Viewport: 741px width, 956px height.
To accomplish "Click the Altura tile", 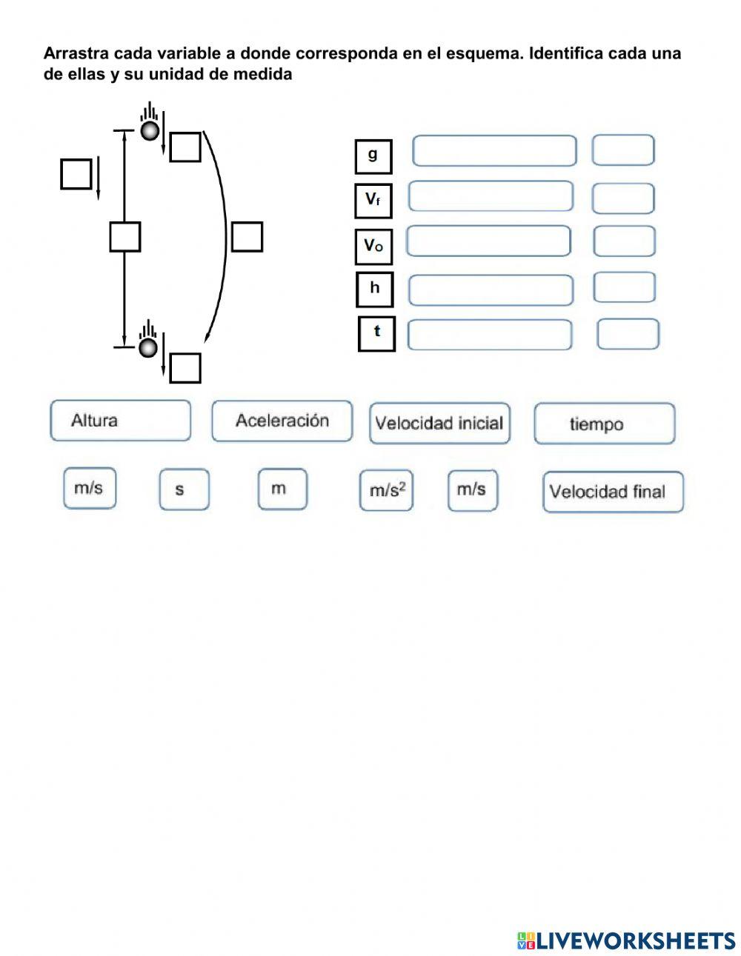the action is [x=121, y=420].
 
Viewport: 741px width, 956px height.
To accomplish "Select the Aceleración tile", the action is [x=282, y=421].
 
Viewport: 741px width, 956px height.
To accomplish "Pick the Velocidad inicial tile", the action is [x=439, y=424].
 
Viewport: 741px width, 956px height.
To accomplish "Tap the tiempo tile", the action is [x=604, y=424].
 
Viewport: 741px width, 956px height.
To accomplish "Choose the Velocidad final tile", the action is [x=613, y=492].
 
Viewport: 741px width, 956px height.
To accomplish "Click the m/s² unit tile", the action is [x=386, y=490].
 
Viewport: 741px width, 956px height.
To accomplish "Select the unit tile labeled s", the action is [x=185, y=489].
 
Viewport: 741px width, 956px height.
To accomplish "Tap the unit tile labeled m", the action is [x=282, y=489].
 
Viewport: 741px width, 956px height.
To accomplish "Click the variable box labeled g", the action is [x=373, y=157].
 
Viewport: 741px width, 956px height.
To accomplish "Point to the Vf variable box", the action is [x=373, y=201].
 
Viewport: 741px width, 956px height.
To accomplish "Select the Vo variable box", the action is [x=373, y=247].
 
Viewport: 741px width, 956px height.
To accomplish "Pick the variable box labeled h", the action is [x=374, y=290].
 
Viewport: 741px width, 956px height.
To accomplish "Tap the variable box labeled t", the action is [x=376, y=334].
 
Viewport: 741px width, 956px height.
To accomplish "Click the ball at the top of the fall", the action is [x=150, y=131].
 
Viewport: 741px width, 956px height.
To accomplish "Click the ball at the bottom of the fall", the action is [x=148, y=347].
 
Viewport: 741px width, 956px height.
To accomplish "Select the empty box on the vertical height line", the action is [x=125, y=237].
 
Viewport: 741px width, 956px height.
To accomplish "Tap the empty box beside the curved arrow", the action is [x=247, y=237].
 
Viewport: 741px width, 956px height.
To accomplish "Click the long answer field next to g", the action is [x=494, y=151].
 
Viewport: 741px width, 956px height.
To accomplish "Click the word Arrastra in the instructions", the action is [x=76, y=53].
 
